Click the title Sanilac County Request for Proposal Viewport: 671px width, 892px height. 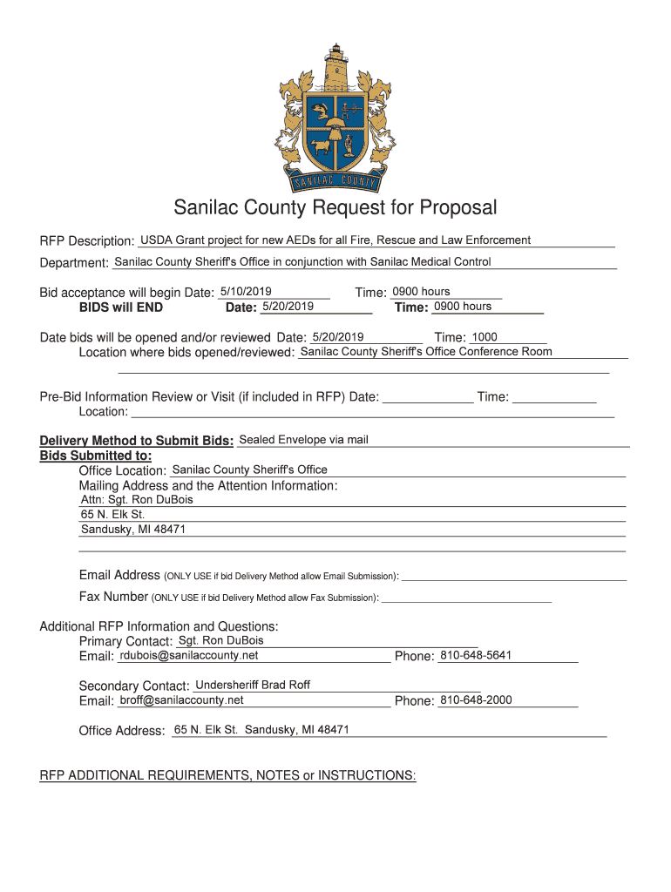(x=335, y=208)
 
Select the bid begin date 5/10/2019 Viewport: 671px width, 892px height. (x=246, y=291)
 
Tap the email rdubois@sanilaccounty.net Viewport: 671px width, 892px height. (x=189, y=655)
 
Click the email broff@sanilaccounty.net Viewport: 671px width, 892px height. (x=181, y=700)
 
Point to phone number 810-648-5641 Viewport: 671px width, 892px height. (x=476, y=655)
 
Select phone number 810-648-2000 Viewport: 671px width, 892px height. (x=476, y=700)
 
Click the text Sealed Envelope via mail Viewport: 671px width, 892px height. (x=304, y=439)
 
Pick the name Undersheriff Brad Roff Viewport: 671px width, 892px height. (x=253, y=685)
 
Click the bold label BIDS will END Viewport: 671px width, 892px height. (x=120, y=307)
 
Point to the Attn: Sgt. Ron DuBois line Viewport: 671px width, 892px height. (x=137, y=500)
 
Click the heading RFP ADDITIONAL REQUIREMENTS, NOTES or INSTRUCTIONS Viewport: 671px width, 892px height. (x=228, y=775)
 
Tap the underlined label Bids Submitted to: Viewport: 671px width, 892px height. (x=96, y=456)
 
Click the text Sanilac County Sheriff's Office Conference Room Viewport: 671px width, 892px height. (x=426, y=352)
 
